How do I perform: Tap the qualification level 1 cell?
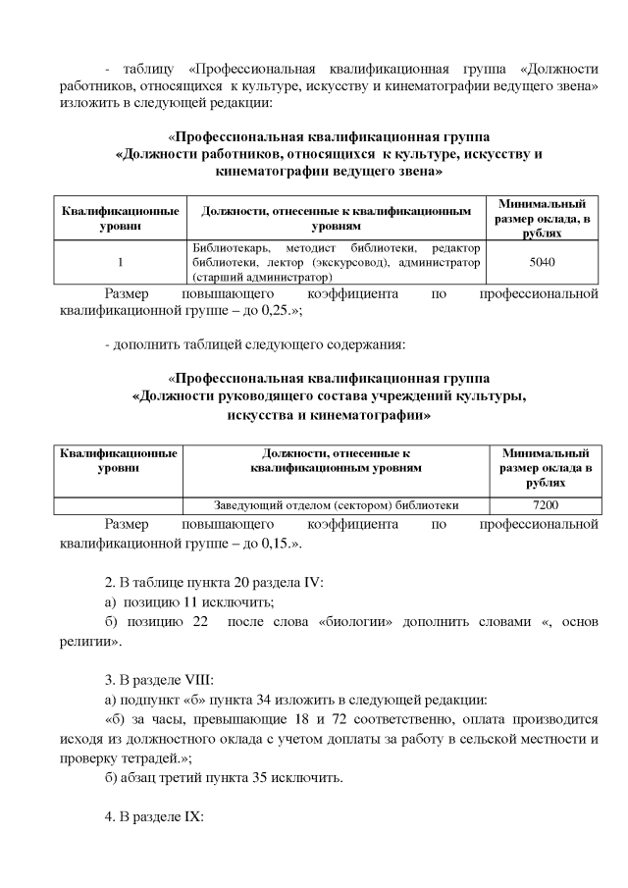coord(119,263)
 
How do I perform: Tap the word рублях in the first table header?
coord(545,235)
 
